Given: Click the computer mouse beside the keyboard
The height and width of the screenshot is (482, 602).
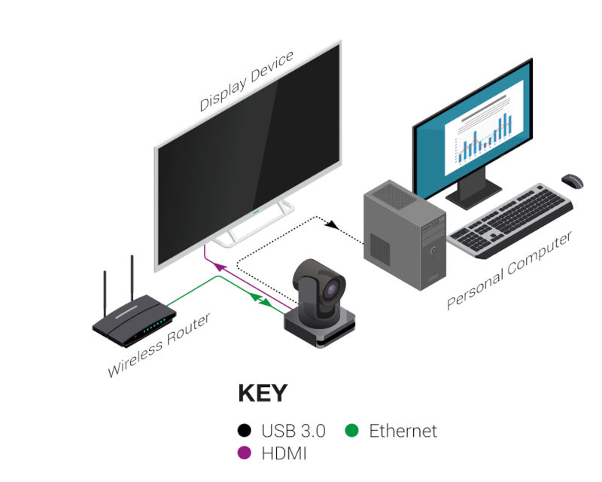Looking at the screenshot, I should click(x=573, y=181).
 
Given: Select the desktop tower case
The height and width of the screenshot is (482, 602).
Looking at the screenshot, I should click(x=403, y=230).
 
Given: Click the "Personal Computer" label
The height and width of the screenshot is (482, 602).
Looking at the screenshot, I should click(x=509, y=270).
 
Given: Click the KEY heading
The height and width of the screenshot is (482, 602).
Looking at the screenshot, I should click(x=262, y=394).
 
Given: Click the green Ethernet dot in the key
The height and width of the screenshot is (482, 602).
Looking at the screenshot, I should click(x=351, y=432).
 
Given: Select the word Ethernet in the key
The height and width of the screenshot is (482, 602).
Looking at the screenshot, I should click(x=403, y=432).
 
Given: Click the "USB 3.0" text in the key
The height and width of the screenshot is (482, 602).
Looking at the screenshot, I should click(x=293, y=432).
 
